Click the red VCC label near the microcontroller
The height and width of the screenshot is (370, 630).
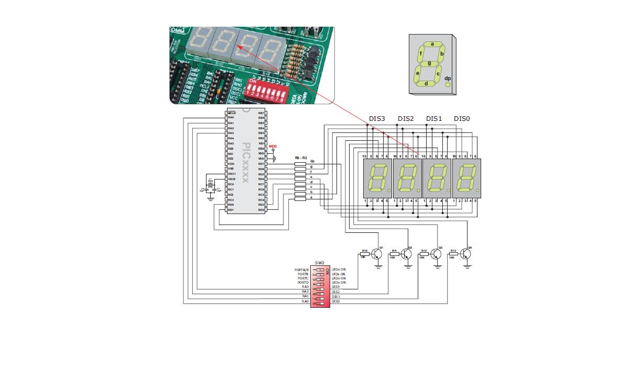point(273,147)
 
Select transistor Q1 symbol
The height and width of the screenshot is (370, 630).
point(377,254)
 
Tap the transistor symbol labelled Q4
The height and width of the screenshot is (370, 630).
point(466,254)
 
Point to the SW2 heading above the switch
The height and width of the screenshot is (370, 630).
point(320,263)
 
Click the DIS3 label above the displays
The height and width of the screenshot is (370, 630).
point(376,119)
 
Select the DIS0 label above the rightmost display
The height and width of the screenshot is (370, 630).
point(462,119)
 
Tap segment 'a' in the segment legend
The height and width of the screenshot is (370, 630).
point(432,44)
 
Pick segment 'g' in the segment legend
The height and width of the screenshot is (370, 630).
point(429,63)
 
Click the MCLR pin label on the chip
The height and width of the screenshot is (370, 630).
point(232,113)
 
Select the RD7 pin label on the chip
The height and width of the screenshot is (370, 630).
point(261,164)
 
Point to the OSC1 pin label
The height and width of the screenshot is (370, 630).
point(232,174)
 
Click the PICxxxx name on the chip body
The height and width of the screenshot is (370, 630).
point(246,162)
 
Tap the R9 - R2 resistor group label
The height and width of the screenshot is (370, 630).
point(301,157)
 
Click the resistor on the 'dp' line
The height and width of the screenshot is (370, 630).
point(300,164)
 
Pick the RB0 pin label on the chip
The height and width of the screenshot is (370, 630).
point(261,149)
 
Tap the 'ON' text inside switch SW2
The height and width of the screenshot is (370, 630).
point(328,271)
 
